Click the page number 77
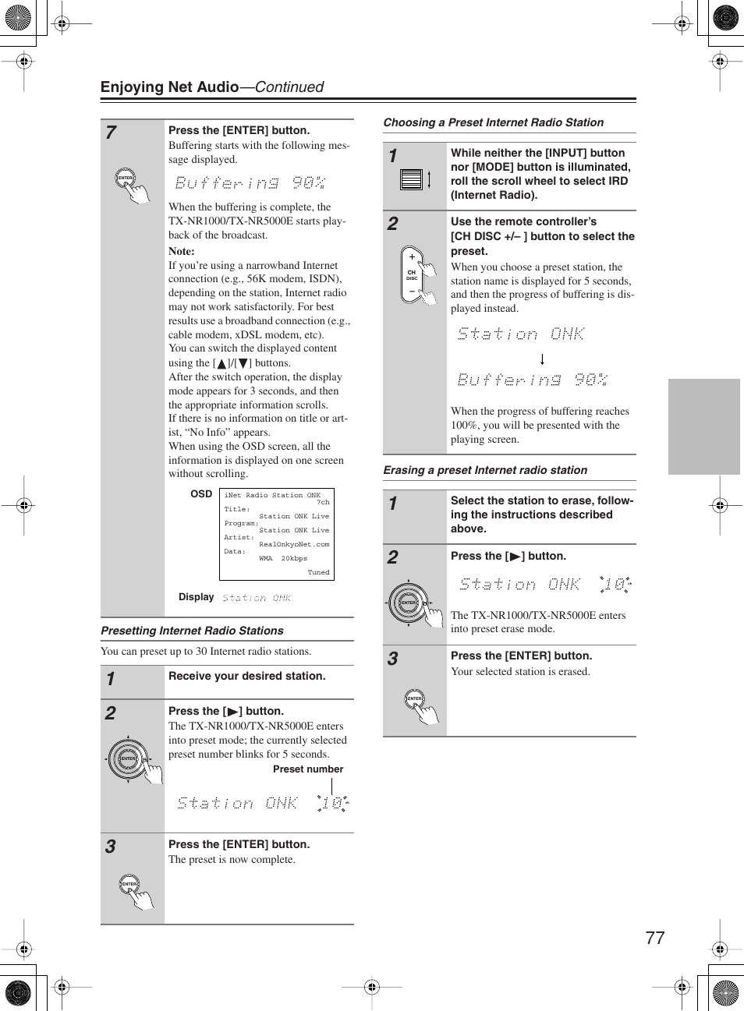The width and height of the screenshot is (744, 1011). point(654,938)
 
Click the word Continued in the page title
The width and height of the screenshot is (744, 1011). point(289,87)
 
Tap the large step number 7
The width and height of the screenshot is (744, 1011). point(112,133)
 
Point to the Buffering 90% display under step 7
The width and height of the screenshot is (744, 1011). point(250,183)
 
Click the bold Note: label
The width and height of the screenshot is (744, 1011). point(182,251)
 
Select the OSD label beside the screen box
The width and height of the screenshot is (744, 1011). point(201,494)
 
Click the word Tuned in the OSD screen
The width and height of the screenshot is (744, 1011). point(318,572)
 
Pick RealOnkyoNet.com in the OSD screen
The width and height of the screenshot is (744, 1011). point(294,544)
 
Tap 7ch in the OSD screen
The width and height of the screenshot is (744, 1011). point(323,502)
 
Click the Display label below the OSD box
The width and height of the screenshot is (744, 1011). point(196,597)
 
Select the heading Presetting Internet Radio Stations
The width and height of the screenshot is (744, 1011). point(192,631)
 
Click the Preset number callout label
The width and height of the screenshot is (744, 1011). point(308,769)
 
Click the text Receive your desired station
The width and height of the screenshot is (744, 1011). point(247,676)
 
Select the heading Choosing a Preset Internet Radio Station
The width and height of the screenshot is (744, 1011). point(493,122)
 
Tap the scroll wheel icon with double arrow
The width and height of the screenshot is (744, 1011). point(415,180)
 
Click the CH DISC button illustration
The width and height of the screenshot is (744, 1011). point(412,274)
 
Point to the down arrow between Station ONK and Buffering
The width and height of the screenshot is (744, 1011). point(542,359)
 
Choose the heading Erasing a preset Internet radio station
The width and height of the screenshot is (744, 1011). point(485,470)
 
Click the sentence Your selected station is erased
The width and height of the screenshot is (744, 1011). point(520,671)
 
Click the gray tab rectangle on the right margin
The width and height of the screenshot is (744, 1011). point(703,426)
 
